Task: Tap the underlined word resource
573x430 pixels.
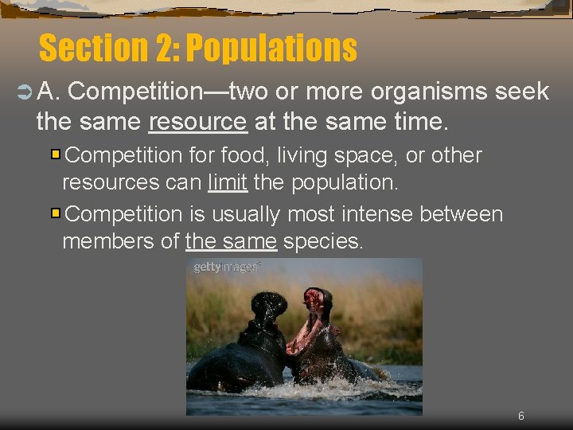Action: [197, 122]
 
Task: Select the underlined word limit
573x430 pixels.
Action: [228, 182]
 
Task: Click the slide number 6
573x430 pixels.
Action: [520, 416]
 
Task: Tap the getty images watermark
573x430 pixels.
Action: [226, 268]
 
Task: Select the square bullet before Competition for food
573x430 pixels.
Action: [57, 153]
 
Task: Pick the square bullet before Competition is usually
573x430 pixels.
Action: [57, 213]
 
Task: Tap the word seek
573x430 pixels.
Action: [521, 92]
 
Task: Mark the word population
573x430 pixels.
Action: [345, 182]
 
